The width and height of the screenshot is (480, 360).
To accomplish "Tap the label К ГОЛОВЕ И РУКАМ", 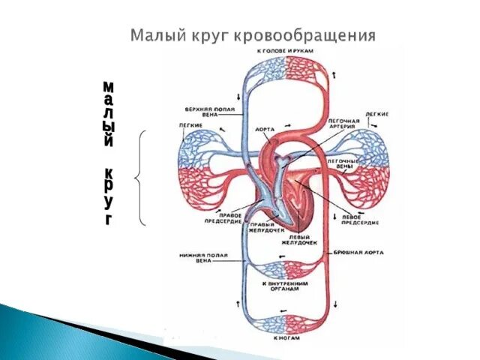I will [x=284, y=51].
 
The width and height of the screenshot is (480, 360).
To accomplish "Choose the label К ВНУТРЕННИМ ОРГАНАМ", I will [x=285, y=287].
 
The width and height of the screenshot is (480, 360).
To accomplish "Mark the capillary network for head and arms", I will [x=286, y=73].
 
